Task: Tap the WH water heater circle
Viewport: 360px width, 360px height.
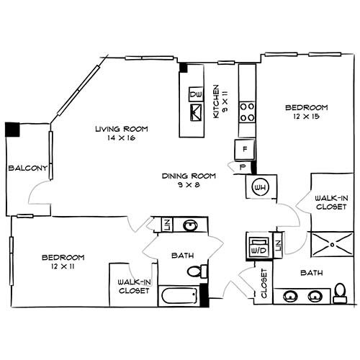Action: coord(260,187)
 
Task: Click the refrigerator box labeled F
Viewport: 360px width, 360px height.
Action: coord(245,150)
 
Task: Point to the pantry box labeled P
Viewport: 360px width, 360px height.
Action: coord(242,167)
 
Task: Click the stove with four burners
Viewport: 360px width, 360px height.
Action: coord(248,110)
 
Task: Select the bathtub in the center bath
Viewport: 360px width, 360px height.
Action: coord(179,295)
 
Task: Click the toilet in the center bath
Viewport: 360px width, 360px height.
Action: coord(195,271)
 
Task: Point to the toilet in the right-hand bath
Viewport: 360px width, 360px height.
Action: coord(341,292)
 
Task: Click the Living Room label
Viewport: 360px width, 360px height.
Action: coord(122,133)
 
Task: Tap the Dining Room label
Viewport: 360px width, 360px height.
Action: coord(189,179)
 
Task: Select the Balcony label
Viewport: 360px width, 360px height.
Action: coord(27,168)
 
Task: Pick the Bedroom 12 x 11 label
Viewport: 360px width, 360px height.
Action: coord(63,261)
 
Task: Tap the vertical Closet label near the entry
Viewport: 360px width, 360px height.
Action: coord(264,284)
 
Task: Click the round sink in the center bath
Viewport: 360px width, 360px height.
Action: coord(189,225)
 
